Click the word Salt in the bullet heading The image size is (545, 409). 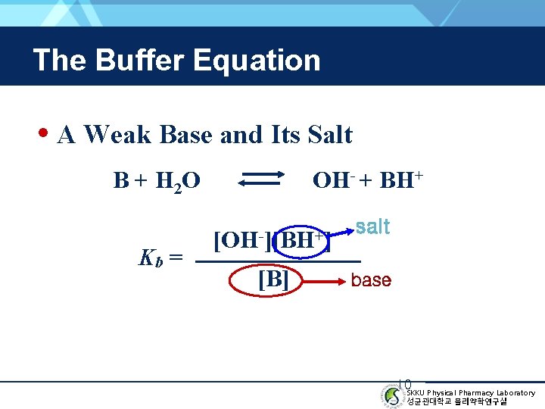tap(330, 135)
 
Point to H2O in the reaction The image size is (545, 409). tap(178, 182)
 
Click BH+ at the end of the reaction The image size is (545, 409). tap(400, 180)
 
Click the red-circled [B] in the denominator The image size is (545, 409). tap(272, 279)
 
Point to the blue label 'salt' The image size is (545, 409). tap(372, 226)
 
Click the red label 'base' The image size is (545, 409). tap(371, 280)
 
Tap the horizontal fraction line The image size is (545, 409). tap(277, 261)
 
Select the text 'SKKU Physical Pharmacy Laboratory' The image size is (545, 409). tap(470, 392)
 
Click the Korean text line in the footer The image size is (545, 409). tap(456, 401)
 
